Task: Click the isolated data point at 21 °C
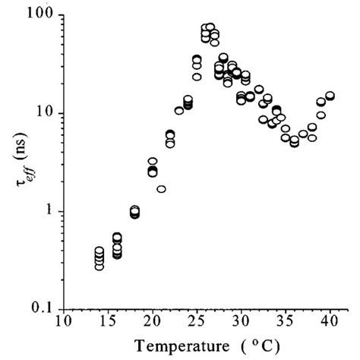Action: [161, 188]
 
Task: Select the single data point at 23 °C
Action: [179, 111]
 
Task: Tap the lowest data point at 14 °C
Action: [99, 266]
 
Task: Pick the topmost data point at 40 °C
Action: [330, 96]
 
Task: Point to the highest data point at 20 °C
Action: [153, 162]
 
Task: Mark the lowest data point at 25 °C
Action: [197, 77]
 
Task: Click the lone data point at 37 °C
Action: [303, 134]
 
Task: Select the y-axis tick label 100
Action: [43, 16]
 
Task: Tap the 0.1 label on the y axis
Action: [45, 309]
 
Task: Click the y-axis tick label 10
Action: [47, 114]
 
